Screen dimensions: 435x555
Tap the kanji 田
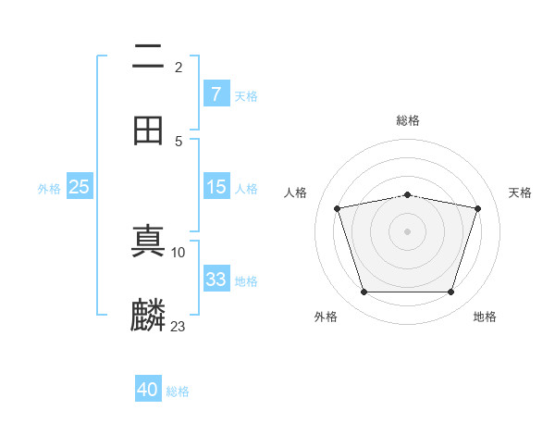148,130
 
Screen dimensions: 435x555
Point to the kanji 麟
148,316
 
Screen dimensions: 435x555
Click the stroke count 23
178,326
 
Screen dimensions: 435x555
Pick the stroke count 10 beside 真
179,252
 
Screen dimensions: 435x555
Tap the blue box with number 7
216,93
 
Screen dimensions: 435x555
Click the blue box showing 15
216,187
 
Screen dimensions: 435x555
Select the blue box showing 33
216,280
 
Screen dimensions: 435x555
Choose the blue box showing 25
80,187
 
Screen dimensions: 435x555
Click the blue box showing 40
148,390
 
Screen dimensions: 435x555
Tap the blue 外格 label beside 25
49,189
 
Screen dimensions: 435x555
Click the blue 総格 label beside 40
178,391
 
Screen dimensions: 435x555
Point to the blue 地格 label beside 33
246,281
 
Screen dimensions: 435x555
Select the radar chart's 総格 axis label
407,120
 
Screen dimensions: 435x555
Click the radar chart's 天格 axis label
521,193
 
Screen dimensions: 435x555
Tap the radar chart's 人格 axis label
296,193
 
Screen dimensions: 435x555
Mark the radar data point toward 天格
477,208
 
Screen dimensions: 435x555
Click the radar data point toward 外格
364,292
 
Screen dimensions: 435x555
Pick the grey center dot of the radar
407,231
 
